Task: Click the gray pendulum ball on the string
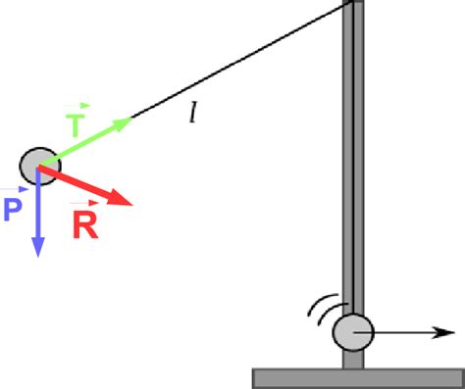[38, 164]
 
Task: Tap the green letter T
[77, 125]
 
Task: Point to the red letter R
[84, 225]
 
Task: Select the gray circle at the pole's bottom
[352, 333]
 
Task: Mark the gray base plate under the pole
[354, 377]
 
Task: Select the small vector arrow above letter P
[16, 189]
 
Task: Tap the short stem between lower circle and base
[353, 360]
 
